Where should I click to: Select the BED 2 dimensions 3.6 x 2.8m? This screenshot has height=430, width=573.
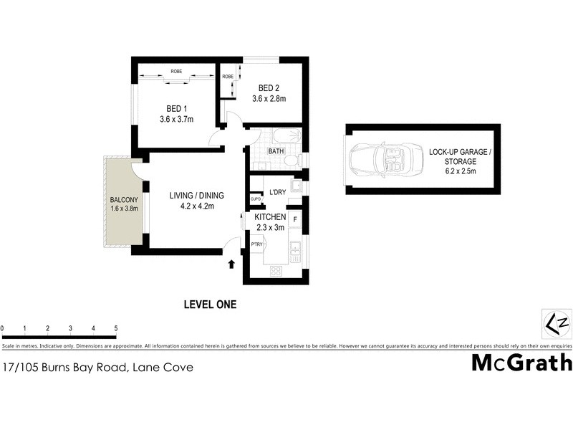pyautogui.click(x=269, y=99)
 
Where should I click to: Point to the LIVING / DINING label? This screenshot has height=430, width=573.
pyautogui.click(x=196, y=196)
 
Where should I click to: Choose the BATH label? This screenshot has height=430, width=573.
pyautogui.click(x=276, y=151)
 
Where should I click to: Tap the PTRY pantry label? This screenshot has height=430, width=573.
pyautogui.click(x=256, y=245)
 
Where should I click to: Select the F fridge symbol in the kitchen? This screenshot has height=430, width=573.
pyautogui.click(x=295, y=218)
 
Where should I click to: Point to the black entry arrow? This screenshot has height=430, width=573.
pyautogui.click(x=231, y=264)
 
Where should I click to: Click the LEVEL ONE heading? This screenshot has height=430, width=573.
pyautogui.click(x=210, y=305)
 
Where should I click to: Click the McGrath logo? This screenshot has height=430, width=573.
pyautogui.click(x=521, y=363)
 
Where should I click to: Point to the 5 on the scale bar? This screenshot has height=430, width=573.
pyautogui.click(x=115, y=328)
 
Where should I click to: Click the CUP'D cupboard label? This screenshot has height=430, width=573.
pyautogui.click(x=255, y=199)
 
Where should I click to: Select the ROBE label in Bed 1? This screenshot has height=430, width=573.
pyautogui.click(x=176, y=72)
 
